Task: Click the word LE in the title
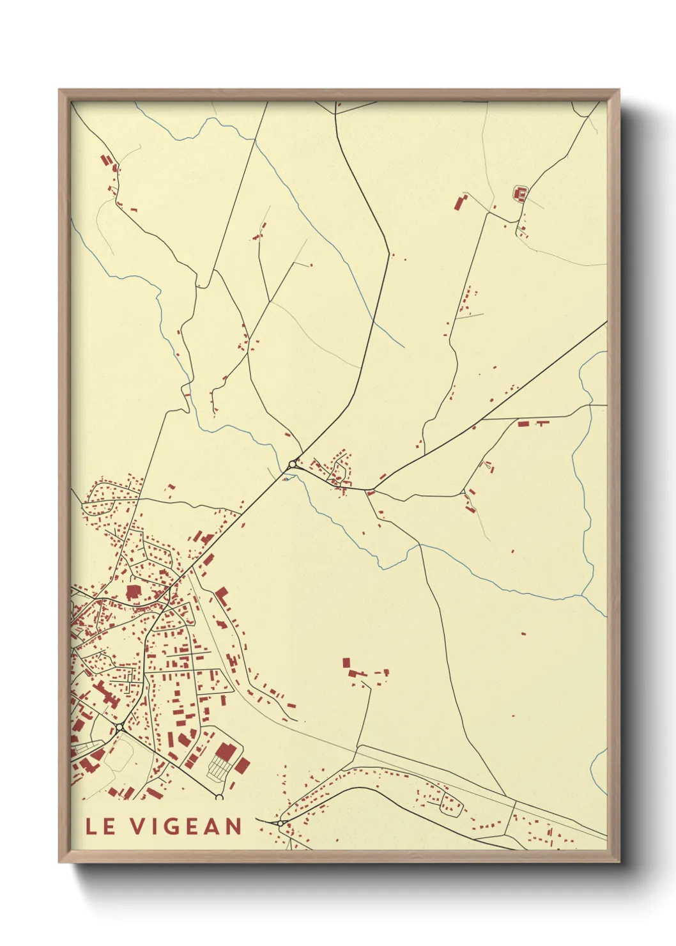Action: [100, 826]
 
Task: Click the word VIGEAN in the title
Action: [187, 826]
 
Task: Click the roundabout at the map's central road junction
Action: [293, 464]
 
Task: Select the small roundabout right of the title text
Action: [280, 823]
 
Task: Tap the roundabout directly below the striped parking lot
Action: [219, 797]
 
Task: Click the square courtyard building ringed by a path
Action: [520, 192]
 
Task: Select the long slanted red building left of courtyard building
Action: [459, 203]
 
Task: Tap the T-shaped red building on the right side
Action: [542, 423]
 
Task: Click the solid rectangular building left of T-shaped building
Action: [523, 423]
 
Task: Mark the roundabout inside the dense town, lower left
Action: [120, 727]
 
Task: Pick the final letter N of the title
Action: [233, 826]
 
